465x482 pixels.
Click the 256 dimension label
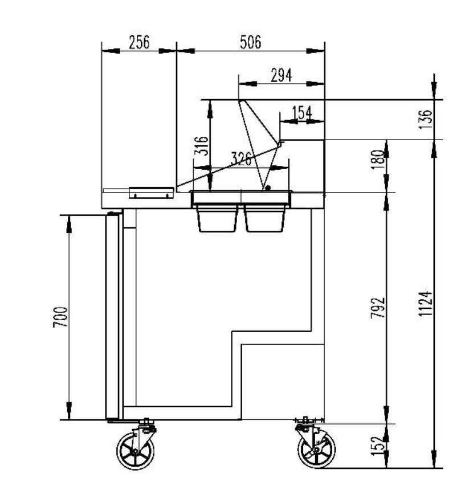139,42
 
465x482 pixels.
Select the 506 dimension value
250,42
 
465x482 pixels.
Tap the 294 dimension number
281,75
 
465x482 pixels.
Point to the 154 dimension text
302,113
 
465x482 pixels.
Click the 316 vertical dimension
201,145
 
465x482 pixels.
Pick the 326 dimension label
241,159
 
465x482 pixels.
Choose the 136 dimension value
425,119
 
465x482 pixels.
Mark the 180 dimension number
378,159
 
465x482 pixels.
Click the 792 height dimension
378,308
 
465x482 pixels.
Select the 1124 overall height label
426,304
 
